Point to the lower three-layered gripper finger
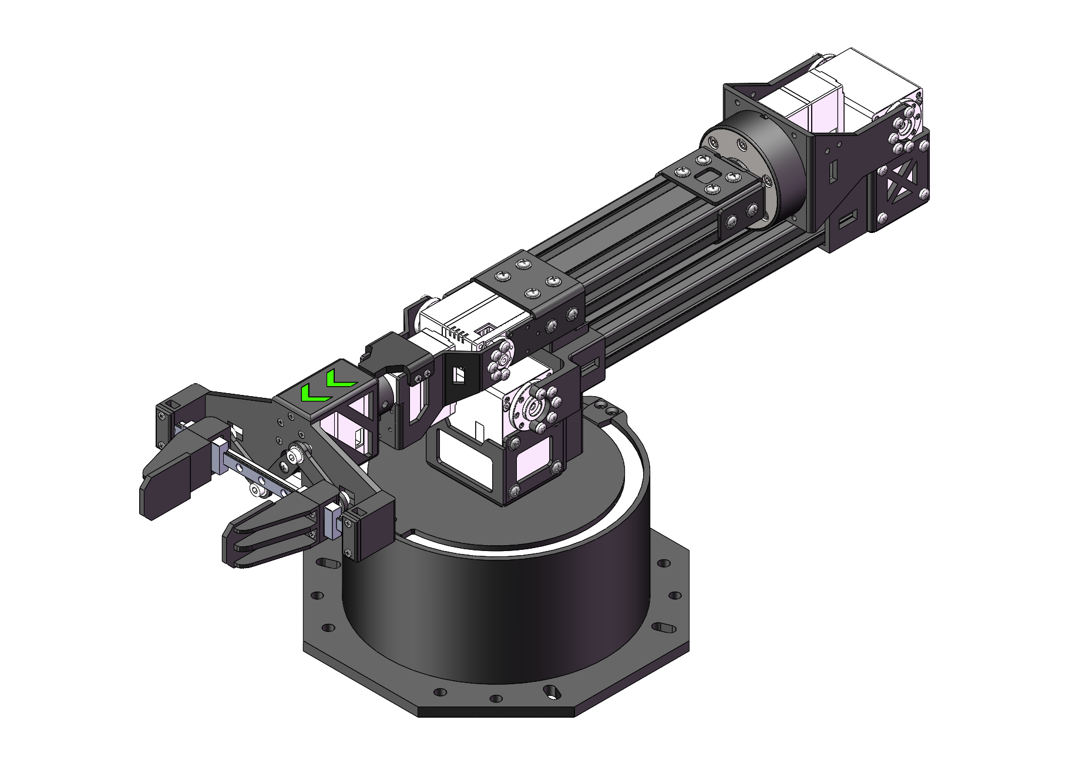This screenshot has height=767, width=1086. coord(264,534)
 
